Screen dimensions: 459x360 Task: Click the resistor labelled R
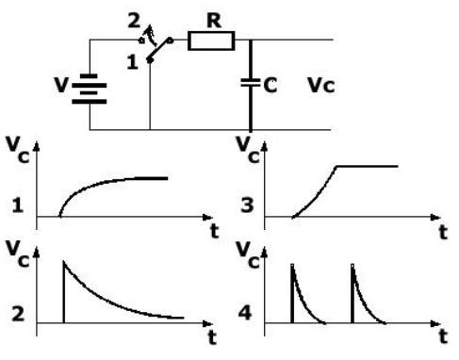[205, 41]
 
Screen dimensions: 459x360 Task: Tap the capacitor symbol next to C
[251, 82]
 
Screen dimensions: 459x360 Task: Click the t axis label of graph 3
[440, 229]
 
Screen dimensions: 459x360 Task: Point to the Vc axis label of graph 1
[15, 151]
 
